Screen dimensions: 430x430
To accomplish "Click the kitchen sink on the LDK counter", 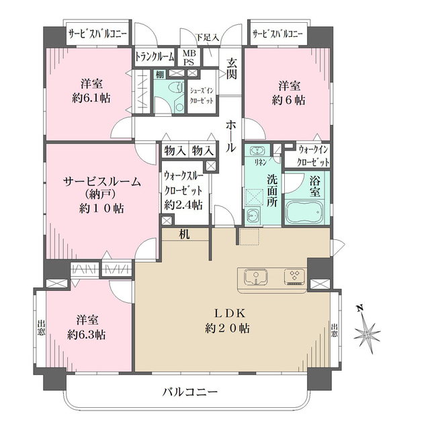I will coord(255,277).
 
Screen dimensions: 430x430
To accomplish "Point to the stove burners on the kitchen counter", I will coord(294,277).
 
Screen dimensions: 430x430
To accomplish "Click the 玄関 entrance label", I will coord(232,69).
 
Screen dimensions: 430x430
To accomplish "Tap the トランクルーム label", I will coord(155,57).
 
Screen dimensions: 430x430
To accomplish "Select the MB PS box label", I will coord(190,57).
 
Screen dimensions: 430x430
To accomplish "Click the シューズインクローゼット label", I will coord(201,95).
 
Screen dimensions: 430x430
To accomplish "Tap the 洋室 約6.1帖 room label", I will coord(92,91).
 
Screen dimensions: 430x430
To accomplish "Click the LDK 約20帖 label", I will coord(232,322).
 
